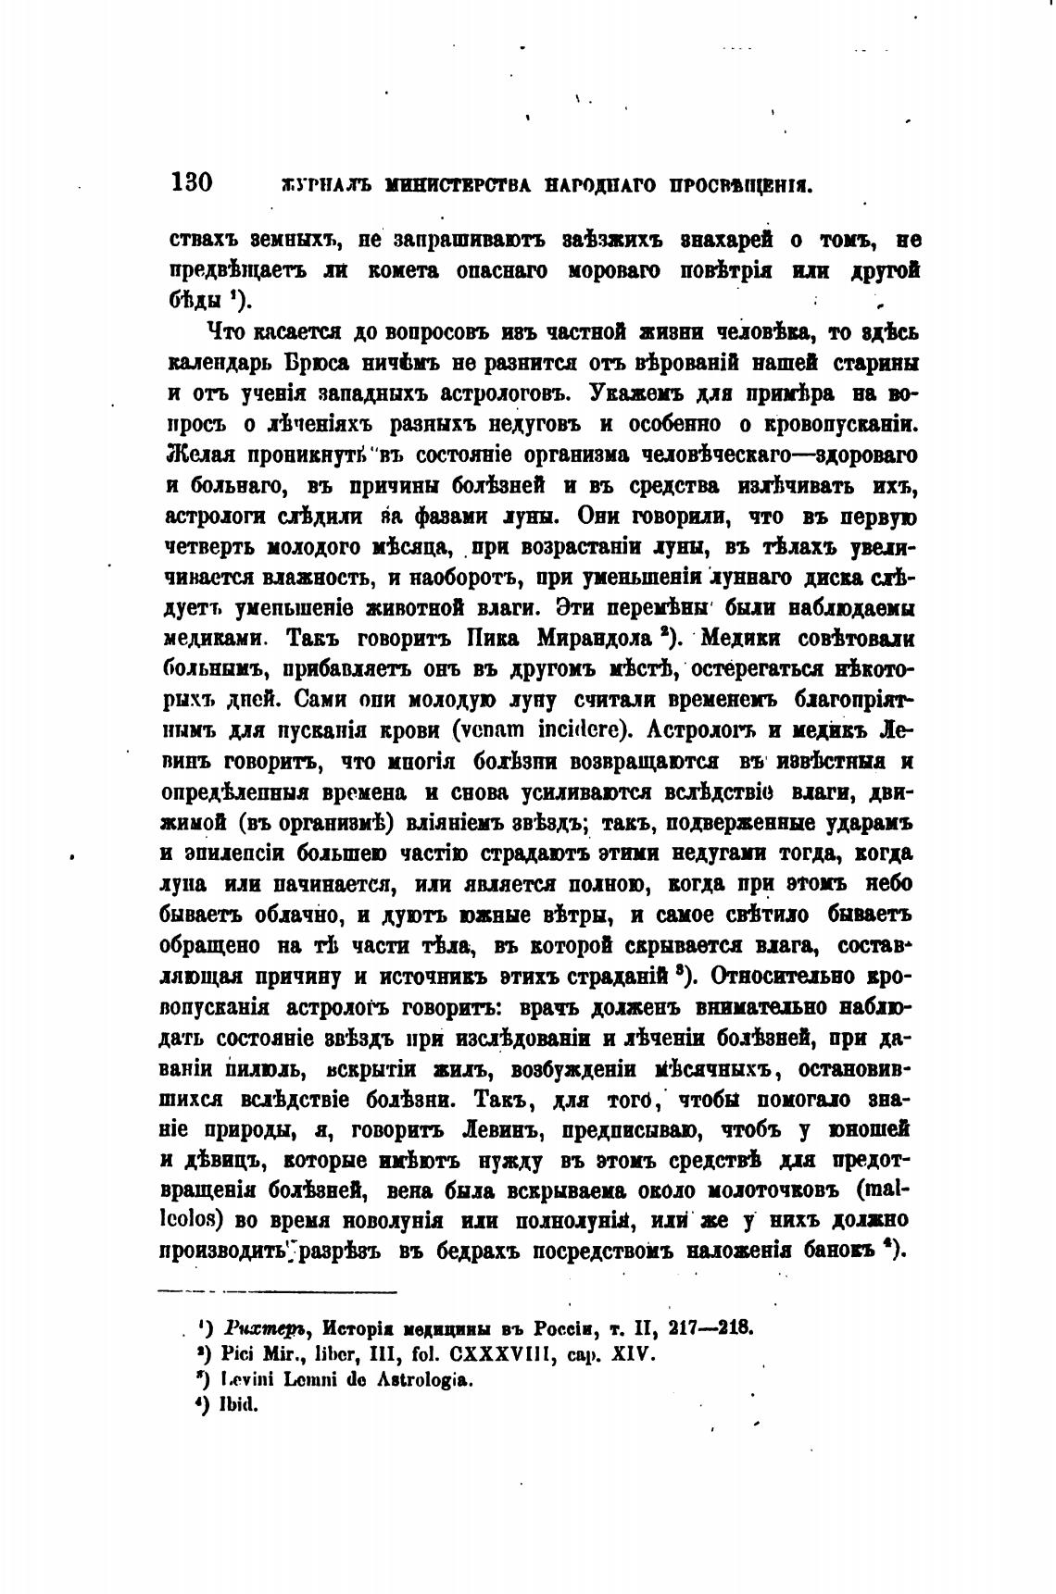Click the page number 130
pyautogui.click(x=193, y=181)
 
